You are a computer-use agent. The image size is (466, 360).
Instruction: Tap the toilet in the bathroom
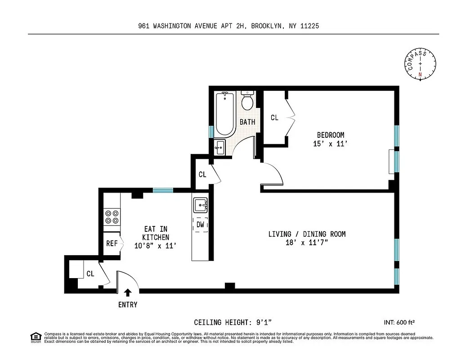coord(247,101)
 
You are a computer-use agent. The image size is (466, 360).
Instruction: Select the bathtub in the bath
coord(224,114)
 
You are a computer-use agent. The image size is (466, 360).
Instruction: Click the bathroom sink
coord(220,147)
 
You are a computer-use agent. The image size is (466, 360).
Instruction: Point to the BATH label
coord(247,122)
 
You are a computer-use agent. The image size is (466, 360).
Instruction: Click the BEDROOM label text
coord(331,135)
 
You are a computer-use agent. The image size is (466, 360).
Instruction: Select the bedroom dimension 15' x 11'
coord(331,144)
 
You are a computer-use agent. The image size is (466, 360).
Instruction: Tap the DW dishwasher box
coord(201,224)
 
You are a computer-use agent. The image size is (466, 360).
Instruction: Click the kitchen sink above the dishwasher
coord(200,206)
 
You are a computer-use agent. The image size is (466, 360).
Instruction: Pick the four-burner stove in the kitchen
coord(112,217)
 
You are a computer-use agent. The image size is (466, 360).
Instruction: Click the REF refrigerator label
coord(112,243)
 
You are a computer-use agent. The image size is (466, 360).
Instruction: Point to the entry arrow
coord(128,292)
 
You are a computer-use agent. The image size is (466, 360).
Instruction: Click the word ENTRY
coord(128,305)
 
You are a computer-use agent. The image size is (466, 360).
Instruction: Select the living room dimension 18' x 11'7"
coord(307,243)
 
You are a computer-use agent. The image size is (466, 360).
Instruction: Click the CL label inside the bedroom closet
coord(274,118)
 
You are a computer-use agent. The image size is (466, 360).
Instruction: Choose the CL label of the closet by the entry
coord(90,273)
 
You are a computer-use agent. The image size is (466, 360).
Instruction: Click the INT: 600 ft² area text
coord(399,322)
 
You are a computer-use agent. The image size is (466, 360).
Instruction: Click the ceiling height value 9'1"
coord(263,322)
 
